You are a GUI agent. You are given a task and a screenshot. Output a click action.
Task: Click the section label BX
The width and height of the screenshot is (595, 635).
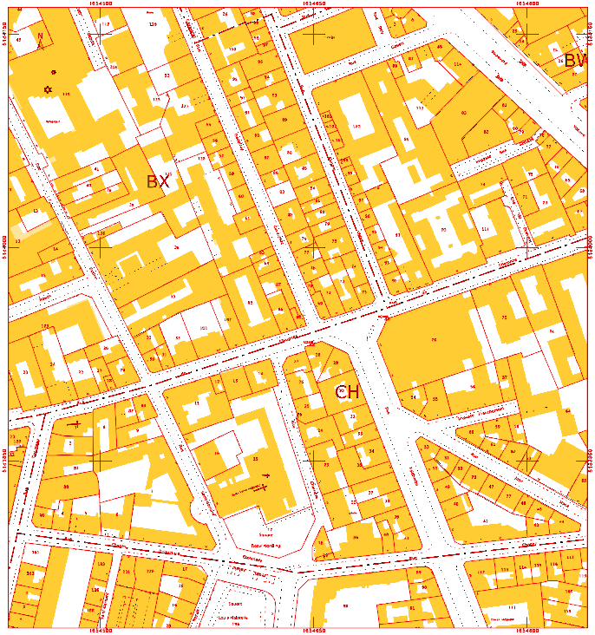tap(158, 181)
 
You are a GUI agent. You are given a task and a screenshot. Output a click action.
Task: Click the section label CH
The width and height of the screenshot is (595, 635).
tap(347, 392)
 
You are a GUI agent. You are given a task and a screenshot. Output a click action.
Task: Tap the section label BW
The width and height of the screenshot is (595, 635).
tap(576, 61)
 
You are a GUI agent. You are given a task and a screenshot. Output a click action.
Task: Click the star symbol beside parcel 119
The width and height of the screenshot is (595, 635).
tap(48, 89)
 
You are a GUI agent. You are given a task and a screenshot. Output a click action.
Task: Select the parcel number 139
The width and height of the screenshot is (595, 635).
tap(154, 24)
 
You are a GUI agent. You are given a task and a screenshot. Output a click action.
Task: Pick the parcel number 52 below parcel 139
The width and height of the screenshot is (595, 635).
tap(166, 76)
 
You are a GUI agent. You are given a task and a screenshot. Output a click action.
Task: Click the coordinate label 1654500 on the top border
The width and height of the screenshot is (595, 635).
tap(101, 3)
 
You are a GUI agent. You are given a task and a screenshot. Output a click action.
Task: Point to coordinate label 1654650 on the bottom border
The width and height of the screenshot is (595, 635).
tap(314, 631)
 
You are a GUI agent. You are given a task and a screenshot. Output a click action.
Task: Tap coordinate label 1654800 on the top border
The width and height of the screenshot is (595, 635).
tap(527, 3)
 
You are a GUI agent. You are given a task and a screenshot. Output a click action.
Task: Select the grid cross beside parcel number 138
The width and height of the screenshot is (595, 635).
tap(101, 245)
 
